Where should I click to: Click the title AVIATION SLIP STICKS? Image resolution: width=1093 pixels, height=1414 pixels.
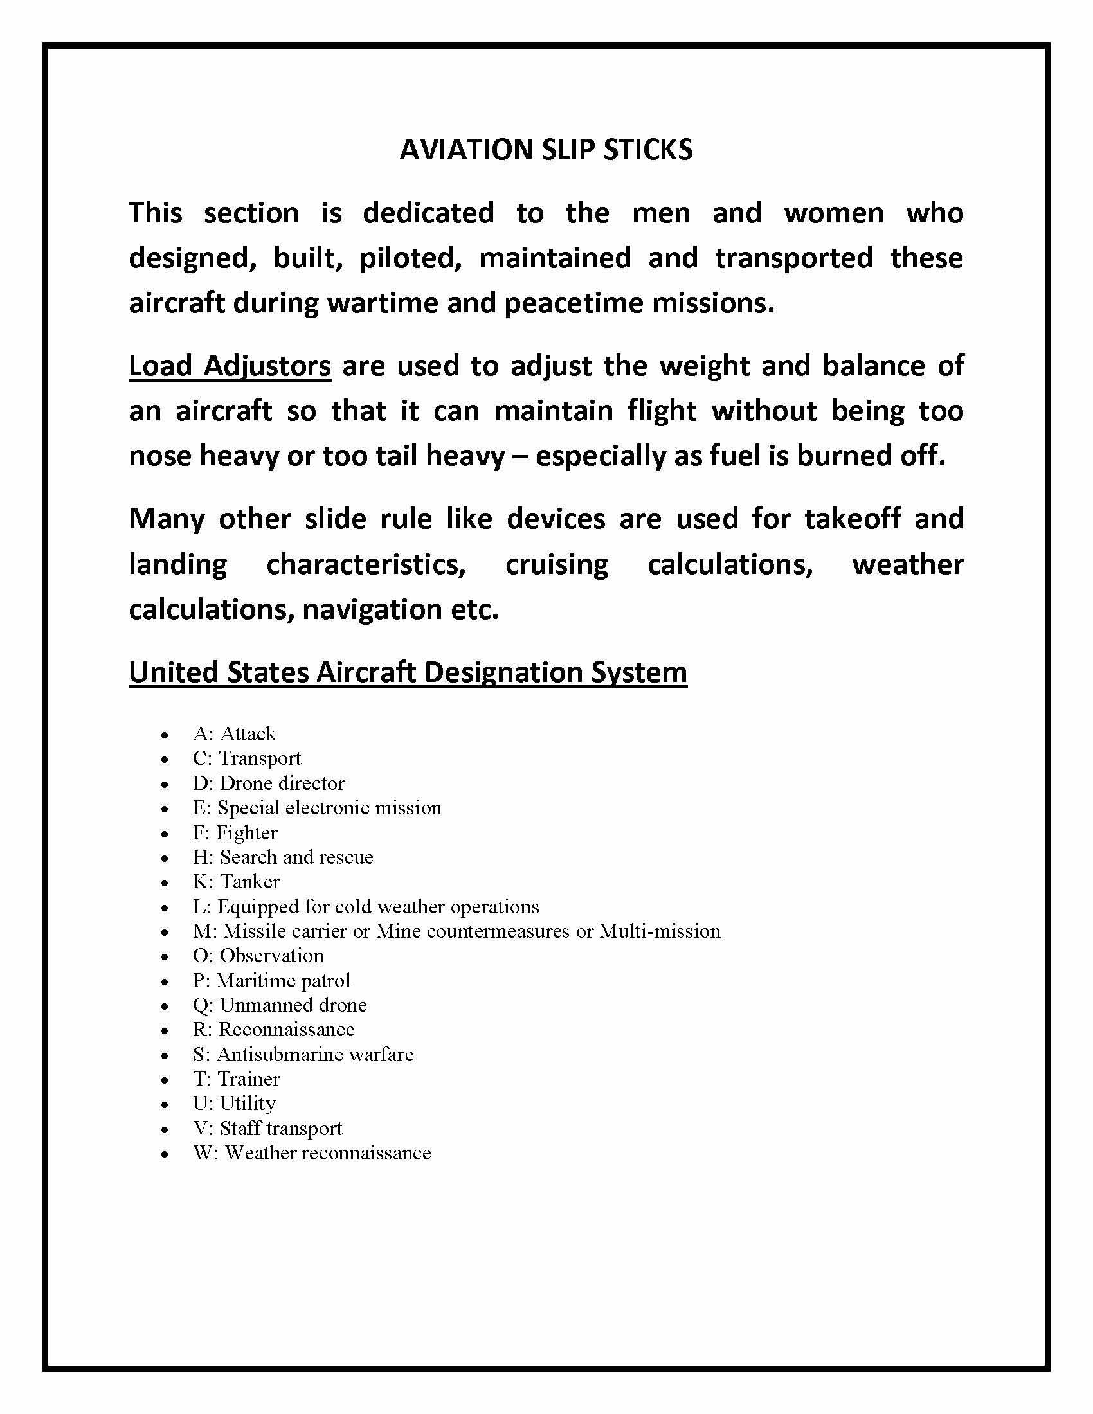(x=546, y=150)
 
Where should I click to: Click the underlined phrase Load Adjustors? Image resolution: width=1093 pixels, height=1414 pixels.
(x=230, y=366)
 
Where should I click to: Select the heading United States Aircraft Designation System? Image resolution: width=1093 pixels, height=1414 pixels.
(x=407, y=672)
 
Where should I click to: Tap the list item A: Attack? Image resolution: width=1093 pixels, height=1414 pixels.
(x=235, y=733)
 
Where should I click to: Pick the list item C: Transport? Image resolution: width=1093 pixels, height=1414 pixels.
(x=247, y=758)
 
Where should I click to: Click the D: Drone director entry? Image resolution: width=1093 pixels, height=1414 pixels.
(x=269, y=783)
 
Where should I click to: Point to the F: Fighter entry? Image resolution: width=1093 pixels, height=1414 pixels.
(x=235, y=832)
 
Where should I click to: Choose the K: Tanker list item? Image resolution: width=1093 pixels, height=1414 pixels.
(x=237, y=882)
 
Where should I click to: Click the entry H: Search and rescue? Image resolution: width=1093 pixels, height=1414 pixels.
(x=283, y=857)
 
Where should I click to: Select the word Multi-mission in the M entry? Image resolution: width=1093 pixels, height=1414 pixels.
(x=660, y=931)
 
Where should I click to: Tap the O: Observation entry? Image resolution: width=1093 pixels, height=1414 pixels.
(x=258, y=956)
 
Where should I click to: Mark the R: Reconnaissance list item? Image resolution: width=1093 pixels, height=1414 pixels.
(x=274, y=1030)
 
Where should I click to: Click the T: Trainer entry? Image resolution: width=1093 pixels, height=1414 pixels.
(x=237, y=1078)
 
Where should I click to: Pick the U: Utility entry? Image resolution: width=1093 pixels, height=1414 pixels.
(x=235, y=1103)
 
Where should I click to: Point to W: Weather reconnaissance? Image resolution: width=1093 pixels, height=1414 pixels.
(x=312, y=1152)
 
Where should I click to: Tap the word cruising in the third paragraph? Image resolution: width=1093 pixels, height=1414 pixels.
(x=556, y=564)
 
